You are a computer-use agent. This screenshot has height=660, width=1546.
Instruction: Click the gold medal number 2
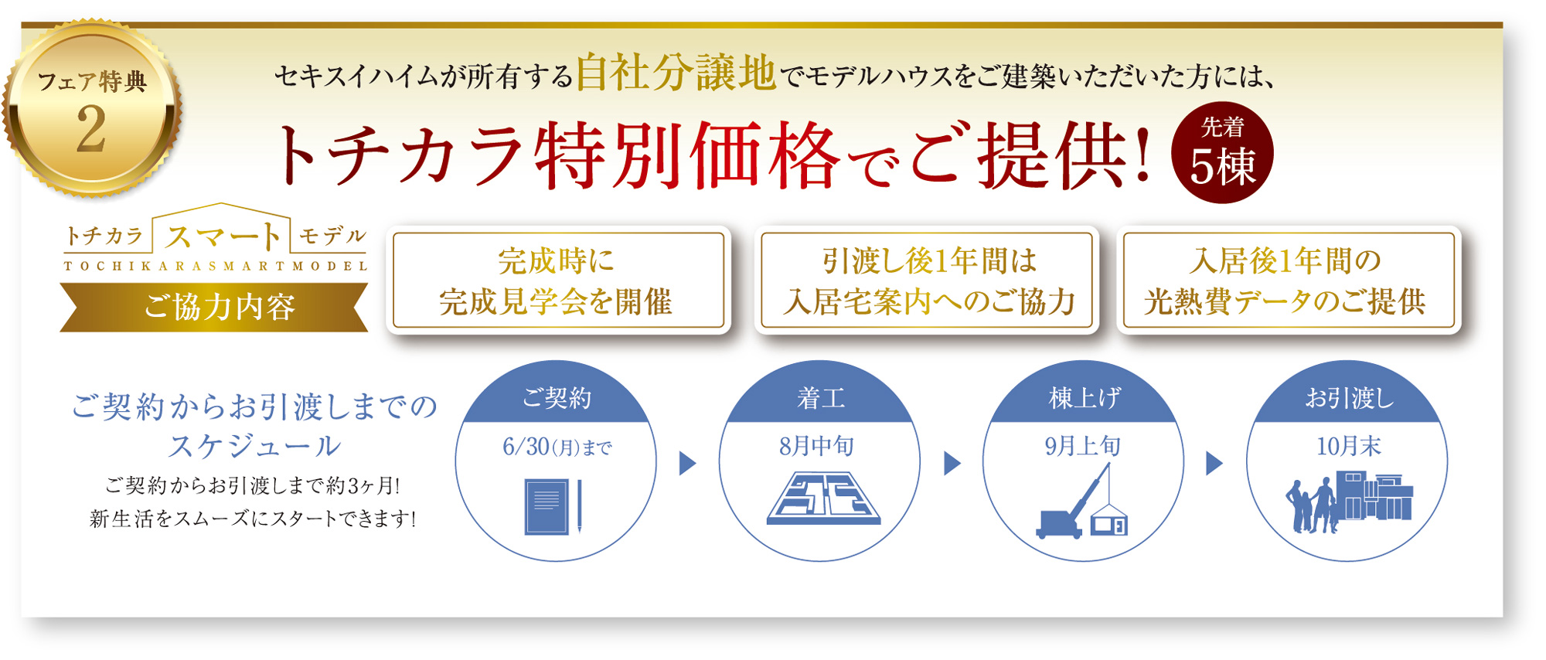click(x=91, y=129)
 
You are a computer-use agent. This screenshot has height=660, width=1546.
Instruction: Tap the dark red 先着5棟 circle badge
click(x=1222, y=153)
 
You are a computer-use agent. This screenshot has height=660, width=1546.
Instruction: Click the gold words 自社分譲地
click(x=676, y=73)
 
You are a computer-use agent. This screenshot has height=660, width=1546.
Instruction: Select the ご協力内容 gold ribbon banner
click(x=214, y=307)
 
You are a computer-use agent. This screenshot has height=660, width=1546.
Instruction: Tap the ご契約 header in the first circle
click(x=557, y=398)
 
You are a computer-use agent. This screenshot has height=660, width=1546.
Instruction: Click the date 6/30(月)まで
click(x=557, y=447)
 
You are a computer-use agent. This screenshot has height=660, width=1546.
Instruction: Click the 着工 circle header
click(x=820, y=398)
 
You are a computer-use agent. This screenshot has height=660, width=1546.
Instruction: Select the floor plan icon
click(x=823, y=498)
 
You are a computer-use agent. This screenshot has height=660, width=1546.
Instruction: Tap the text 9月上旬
click(x=1082, y=446)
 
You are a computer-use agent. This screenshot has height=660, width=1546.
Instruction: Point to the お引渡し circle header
click(x=1349, y=398)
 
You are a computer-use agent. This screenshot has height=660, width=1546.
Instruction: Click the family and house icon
click(x=1349, y=502)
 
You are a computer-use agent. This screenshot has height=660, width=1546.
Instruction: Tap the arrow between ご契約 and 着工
click(x=687, y=463)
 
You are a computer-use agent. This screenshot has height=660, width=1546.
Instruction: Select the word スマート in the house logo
click(x=223, y=236)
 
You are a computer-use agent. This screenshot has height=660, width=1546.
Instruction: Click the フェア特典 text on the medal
click(x=92, y=81)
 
